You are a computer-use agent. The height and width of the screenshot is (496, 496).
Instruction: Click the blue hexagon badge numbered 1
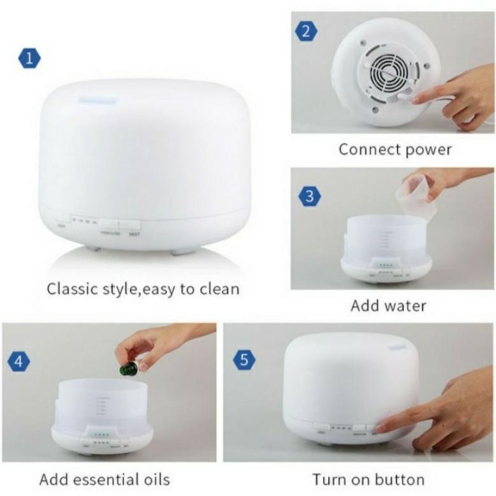pyautogui.click(x=29, y=59)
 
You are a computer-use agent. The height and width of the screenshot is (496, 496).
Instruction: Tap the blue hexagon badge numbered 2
pyautogui.click(x=306, y=30)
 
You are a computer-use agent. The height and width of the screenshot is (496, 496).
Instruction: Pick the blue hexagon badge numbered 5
pyautogui.click(x=244, y=360)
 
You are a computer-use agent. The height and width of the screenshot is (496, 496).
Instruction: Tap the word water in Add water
pyautogui.click(x=405, y=305)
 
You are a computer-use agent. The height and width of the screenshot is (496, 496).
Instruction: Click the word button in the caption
pyautogui.click(x=400, y=479)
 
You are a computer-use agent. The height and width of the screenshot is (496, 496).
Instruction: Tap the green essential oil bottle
pyautogui.click(x=128, y=368)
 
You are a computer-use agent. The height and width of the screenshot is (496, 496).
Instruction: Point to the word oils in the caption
pyautogui.click(x=152, y=479)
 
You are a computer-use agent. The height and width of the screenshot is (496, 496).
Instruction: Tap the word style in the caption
pyautogui.click(x=117, y=289)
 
